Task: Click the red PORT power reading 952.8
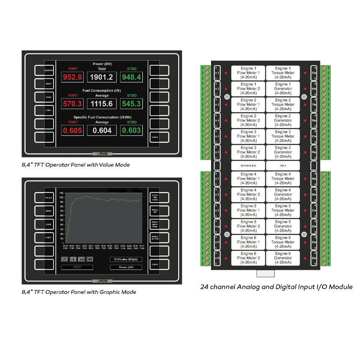tap(72, 77)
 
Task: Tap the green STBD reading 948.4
tap(131, 77)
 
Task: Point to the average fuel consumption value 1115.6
tap(102, 104)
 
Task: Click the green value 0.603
tap(131, 130)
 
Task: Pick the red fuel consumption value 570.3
tap(72, 104)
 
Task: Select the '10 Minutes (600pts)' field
tap(126, 259)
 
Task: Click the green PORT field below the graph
tap(77, 267)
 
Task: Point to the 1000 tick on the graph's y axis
tap(62, 197)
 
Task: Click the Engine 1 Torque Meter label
tap(283, 72)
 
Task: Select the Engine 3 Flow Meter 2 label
tap(248, 152)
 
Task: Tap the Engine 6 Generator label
tap(283, 258)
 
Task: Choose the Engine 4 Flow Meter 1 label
tap(248, 179)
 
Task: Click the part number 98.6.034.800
tap(248, 166)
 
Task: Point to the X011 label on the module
tap(283, 166)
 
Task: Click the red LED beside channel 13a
tap(306, 73)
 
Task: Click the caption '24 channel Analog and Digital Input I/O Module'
tap(276, 287)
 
